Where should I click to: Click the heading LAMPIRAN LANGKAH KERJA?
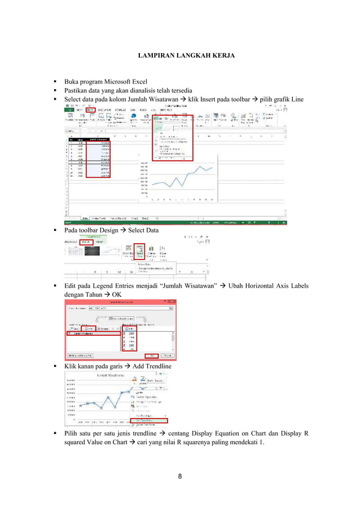(179, 56)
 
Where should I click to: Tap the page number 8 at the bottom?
(179, 477)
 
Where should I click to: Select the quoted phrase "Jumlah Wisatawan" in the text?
(186, 286)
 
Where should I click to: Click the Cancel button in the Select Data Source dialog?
(168, 356)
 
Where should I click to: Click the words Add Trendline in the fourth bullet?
(151, 367)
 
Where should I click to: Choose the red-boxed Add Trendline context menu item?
(148, 420)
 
